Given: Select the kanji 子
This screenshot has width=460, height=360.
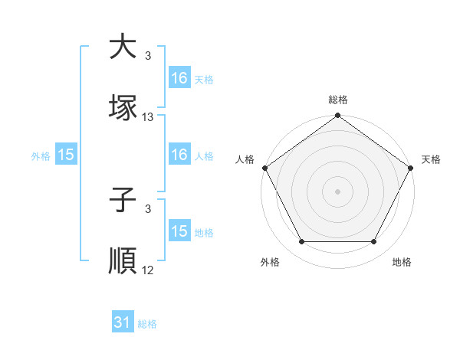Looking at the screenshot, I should [x=123, y=201].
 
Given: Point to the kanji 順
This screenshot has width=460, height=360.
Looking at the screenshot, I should [x=123, y=261].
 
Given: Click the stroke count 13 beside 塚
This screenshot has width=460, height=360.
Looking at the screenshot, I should [x=148, y=117].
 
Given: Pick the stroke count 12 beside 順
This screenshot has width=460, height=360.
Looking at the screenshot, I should [x=148, y=270].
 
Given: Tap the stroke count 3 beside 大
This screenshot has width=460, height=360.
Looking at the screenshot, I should [x=148, y=56].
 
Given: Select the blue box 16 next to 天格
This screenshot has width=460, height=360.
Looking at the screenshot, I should [x=179, y=78].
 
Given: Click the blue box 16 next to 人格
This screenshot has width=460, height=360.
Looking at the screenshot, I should [x=179, y=155].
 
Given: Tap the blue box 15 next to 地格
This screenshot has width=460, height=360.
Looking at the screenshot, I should [x=179, y=231].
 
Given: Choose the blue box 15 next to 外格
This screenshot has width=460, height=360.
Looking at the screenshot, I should [x=66, y=155].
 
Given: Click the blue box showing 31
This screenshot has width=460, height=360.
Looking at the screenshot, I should [x=123, y=323].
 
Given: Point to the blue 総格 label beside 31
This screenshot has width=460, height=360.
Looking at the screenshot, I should [x=147, y=324].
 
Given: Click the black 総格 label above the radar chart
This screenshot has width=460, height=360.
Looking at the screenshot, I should [x=338, y=100].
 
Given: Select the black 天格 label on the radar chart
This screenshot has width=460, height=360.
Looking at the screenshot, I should [x=431, y=159].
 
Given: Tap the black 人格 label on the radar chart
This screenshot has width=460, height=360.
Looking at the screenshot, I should [x=245, y=159].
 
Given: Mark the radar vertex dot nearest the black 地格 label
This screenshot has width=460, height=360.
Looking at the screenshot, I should [x=374, y=242].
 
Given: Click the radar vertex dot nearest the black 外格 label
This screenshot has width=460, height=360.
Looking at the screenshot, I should [x=301, y=242].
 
